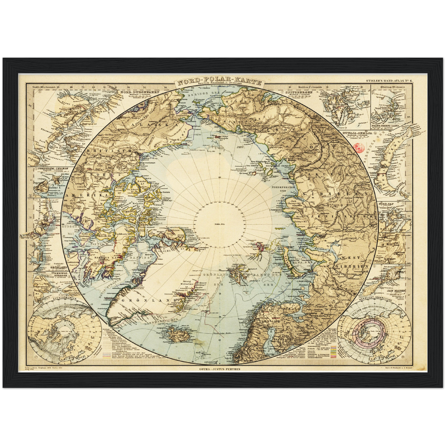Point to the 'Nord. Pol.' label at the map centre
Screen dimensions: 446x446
pos(220,224)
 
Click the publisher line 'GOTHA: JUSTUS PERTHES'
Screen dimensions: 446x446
pos(220,369)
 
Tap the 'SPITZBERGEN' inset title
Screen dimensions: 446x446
pos(298,92)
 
